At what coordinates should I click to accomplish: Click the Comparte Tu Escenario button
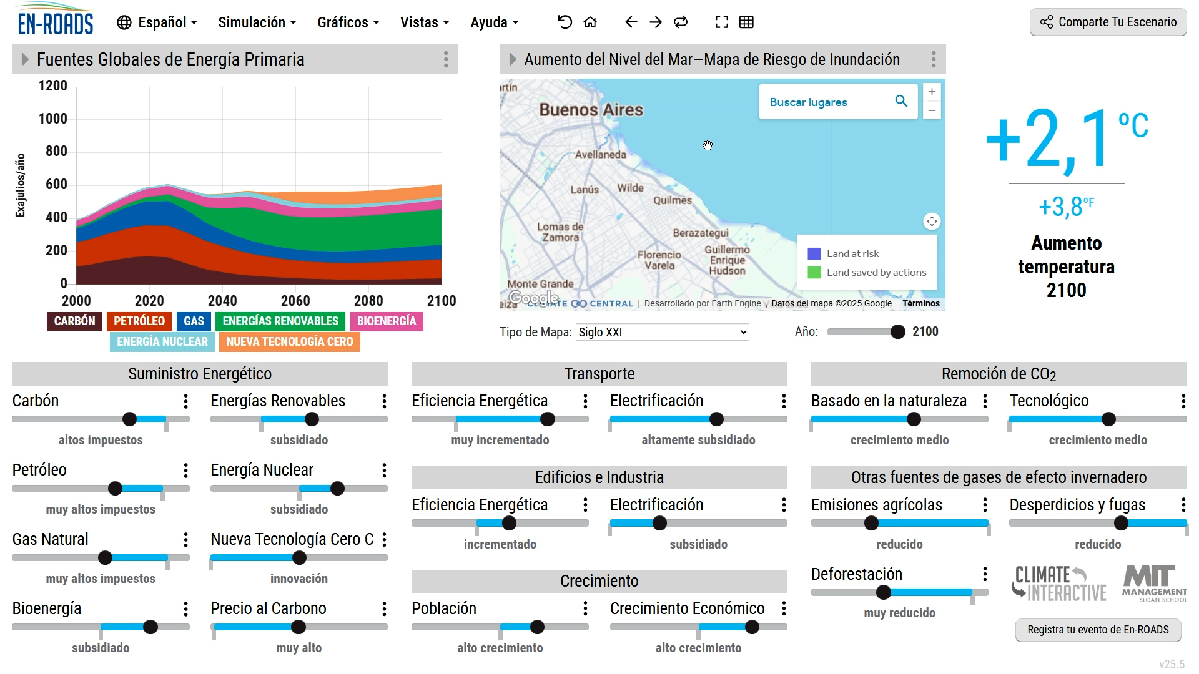(1108, 22)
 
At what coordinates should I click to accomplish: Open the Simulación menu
(257, 22)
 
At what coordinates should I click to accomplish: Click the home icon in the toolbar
(590, 22)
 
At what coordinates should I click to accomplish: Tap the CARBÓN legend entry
(74, 321)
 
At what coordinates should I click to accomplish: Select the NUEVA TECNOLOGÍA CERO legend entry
(289, 342)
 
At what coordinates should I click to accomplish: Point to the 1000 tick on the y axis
(53, 119)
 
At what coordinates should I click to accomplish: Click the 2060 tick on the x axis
(295, 301)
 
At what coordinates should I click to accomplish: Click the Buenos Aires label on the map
(591, 110)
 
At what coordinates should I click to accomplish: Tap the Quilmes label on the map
(673, 200)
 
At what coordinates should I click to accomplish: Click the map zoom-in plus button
(932, 92)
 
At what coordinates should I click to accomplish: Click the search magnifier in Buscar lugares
(901, 101)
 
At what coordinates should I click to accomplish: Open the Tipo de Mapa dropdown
(662, 332)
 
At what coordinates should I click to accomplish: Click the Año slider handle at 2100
(897, 332)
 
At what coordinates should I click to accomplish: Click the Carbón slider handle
(129, 419)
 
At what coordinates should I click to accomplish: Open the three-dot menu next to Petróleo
(185, 471)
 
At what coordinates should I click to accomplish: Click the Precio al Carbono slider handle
(299, 627)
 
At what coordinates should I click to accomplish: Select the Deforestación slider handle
(883, 592)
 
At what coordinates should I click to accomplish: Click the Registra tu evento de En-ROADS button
(1098, 630)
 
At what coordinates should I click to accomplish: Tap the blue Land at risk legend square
(814, 254)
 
